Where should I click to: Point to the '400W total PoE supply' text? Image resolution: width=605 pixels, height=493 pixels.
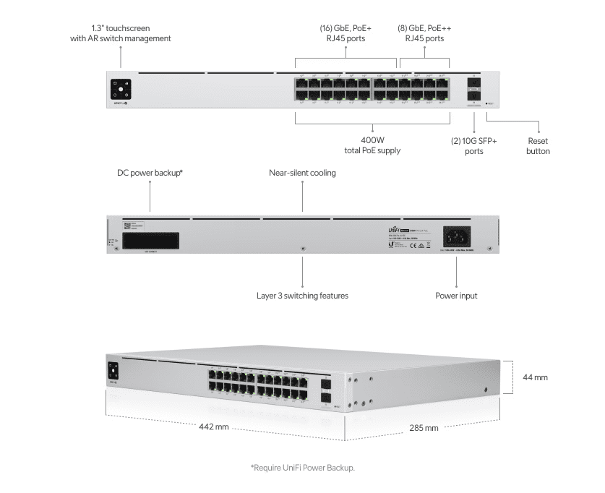coord(372,145)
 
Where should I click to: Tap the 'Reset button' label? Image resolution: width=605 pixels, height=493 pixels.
coord(538,146)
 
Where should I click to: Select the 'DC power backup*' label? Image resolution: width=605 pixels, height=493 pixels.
coord(150,173)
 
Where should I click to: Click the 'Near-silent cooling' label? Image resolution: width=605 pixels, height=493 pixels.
coord(302,173)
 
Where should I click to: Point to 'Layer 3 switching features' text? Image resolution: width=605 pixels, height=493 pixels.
coord(302,296)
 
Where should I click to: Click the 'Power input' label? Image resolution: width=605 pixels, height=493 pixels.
coord(456,296)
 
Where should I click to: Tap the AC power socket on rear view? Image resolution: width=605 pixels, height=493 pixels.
coord(456,236)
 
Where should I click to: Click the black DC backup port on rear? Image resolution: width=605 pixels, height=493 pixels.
coord(150,241)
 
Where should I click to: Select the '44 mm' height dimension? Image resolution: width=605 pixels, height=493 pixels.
coord(535,377)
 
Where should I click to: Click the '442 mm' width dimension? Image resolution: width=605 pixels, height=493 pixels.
coord(214,427)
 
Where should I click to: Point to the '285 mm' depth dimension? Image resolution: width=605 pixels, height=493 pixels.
coord(424,428)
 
